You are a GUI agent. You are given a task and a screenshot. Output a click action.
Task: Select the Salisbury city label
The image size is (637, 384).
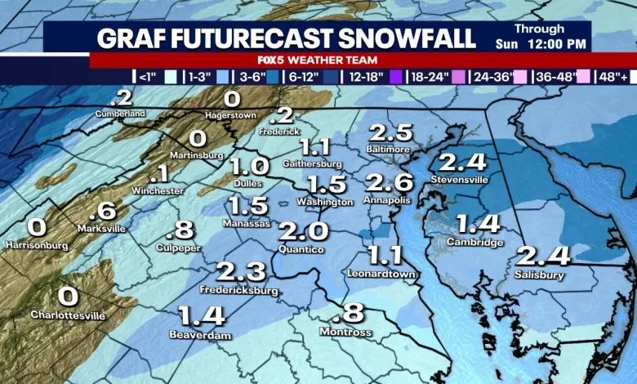[x=539, y=275]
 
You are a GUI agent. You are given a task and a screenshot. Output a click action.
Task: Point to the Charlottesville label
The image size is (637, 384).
[x=68, y=315]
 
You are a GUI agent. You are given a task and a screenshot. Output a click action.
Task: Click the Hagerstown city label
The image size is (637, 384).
[x=230, y=115]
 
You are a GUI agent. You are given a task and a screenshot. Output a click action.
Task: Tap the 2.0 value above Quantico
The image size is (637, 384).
[x=303, y=231]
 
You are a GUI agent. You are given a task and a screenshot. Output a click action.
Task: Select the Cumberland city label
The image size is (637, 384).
[x=119, y=113]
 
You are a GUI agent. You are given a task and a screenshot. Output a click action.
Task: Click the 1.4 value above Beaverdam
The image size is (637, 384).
[x=201, y=315]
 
